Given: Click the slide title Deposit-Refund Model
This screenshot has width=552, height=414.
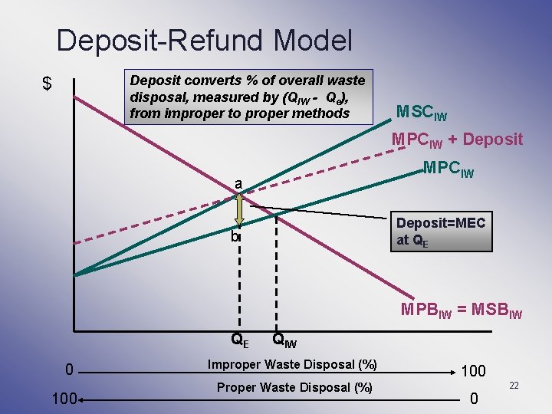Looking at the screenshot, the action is [204, 40].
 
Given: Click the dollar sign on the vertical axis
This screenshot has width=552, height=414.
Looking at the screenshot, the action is [48, 84].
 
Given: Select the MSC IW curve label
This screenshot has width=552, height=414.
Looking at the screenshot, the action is [421, 112].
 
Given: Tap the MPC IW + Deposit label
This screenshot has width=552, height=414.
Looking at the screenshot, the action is [457, 140].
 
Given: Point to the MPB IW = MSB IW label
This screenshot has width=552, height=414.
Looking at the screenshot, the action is [461, 310].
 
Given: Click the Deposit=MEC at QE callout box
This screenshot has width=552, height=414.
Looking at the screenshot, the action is [440, 231].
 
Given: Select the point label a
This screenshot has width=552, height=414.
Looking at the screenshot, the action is [239, 183].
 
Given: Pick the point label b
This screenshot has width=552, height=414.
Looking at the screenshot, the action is [235, 238].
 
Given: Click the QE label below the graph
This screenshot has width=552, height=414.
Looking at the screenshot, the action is [240, 339].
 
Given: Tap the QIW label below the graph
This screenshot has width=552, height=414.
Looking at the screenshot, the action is [284, 339].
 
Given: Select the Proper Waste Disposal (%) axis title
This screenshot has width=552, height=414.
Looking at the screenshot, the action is [294, 387].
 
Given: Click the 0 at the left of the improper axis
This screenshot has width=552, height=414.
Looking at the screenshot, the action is [68, 371].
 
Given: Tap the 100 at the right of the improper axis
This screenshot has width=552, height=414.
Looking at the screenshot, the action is [473, 371].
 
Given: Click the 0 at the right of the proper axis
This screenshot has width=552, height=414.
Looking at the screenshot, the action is [474, 399].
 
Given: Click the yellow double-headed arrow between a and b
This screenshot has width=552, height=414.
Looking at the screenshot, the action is [239, 209].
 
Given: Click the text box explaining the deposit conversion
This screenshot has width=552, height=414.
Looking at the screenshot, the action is [247, 97].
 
